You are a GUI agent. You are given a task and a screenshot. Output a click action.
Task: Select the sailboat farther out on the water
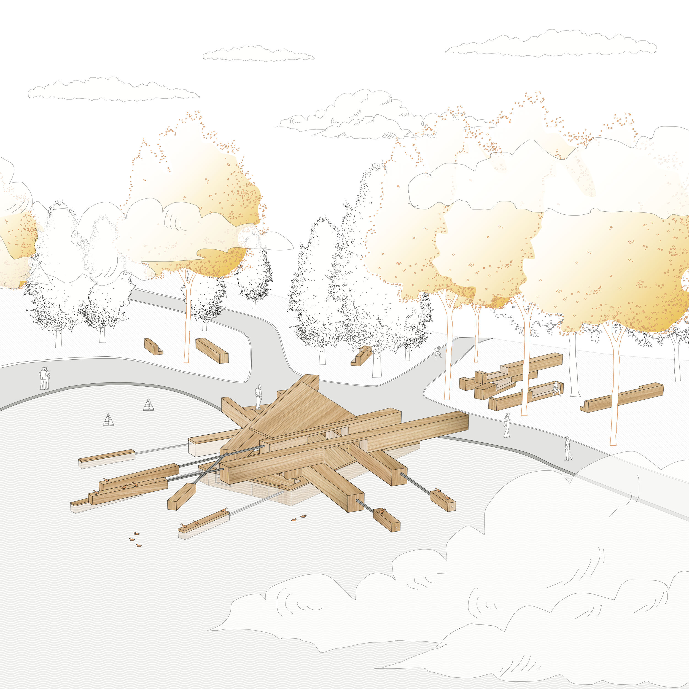click(108, 420)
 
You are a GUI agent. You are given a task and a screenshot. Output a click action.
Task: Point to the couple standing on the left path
click(44, 378)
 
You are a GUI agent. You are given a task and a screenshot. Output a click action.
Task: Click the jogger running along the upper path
click(438, 353)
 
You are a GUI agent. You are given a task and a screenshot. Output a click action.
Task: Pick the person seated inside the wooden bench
click(555, 388)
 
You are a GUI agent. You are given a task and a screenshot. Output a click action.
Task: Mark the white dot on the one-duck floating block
click(397, 527)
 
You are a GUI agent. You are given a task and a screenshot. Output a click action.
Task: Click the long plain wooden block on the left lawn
click(212, 350)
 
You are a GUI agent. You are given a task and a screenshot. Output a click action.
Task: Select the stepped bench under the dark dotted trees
click(362, 356)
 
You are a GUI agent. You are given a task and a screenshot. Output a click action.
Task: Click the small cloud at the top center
click(258, 53)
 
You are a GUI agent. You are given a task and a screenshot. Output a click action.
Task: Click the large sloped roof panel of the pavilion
click(303, 410)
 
